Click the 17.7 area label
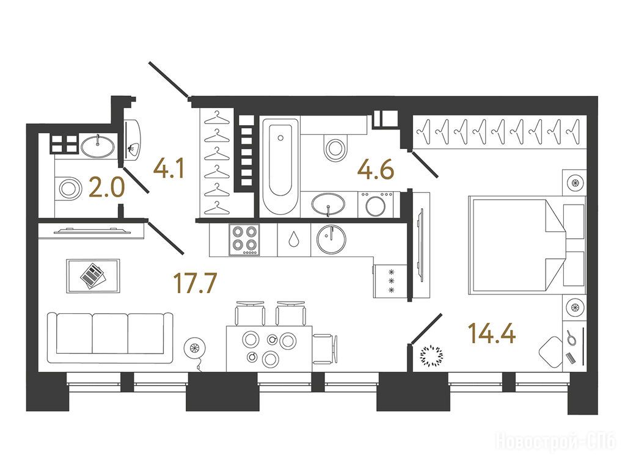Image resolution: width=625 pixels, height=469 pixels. click(196, 283)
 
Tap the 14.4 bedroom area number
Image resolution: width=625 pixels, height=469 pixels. click(492, 333)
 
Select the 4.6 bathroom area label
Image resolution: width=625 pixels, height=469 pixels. click(376, 169)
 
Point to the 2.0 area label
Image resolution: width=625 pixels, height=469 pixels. click(107, 188)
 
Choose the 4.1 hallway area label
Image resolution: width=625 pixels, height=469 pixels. click(169, 169)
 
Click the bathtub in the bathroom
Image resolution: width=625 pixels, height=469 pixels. click(280, 167)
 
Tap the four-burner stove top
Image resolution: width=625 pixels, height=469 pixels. click(244, 239)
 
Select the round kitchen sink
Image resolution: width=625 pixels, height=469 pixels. click(331, 239)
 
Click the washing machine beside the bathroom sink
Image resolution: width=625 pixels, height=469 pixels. click(376, 205)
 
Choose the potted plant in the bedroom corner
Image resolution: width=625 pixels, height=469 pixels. click(432, 355)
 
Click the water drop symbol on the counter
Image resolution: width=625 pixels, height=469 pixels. click(294, 239)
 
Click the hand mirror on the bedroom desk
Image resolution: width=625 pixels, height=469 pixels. click(571, 338)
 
